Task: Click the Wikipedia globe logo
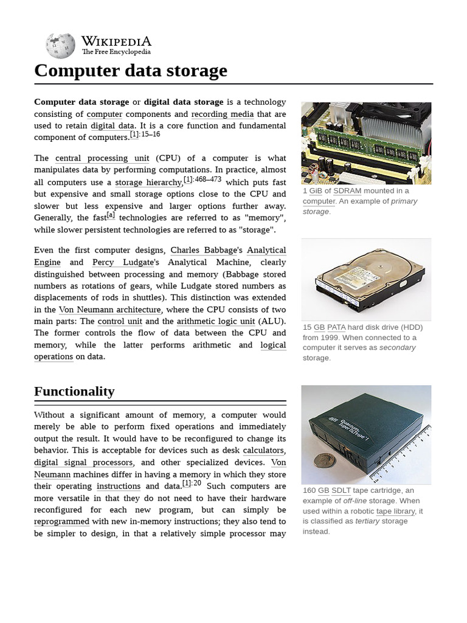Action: click(60, 46)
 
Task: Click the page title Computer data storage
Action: click(131, 71)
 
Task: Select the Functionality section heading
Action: click(74, 391)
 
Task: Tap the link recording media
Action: click(222, 114)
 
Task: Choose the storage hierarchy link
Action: click(148, 183)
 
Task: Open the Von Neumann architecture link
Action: click(109, 310)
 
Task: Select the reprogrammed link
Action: click(61, 521)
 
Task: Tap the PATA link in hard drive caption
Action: click(336, 327)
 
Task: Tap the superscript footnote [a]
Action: click(110, 215)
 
